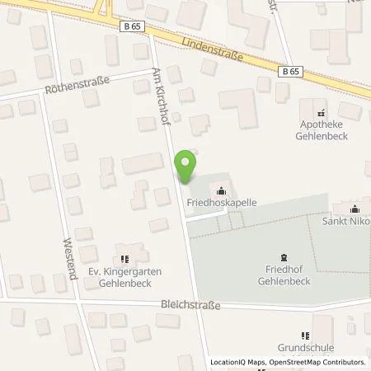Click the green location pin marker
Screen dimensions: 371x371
tap(188, 167)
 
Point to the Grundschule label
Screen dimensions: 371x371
tap(303, 348)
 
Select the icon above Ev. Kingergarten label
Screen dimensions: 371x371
tap(124, 249)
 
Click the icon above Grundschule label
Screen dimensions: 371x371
tap(304, 335)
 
